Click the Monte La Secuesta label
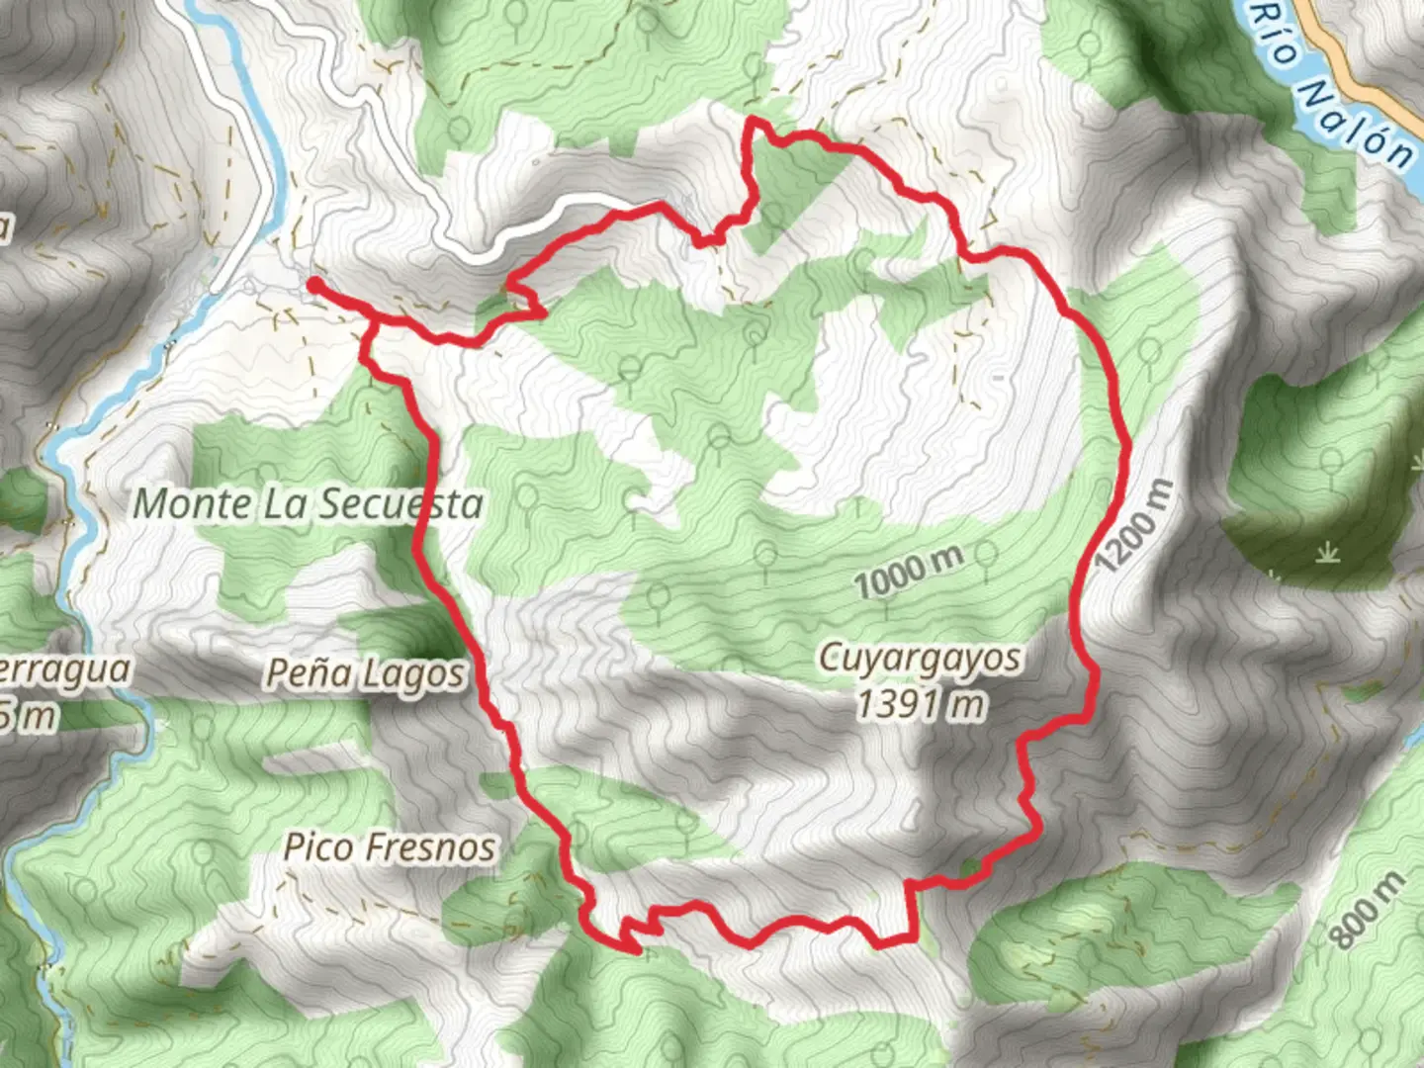point(308,504)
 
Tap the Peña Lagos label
point(364,674)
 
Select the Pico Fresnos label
point(390,847)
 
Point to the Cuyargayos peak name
point(920,659)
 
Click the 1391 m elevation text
point(920,705)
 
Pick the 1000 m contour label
point(909,571)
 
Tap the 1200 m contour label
point(1135,527)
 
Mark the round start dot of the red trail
point(314,285)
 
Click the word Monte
point(192,504)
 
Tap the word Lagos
point(414,675)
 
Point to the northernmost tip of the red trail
point(754,121)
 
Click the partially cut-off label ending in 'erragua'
point(64,670)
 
